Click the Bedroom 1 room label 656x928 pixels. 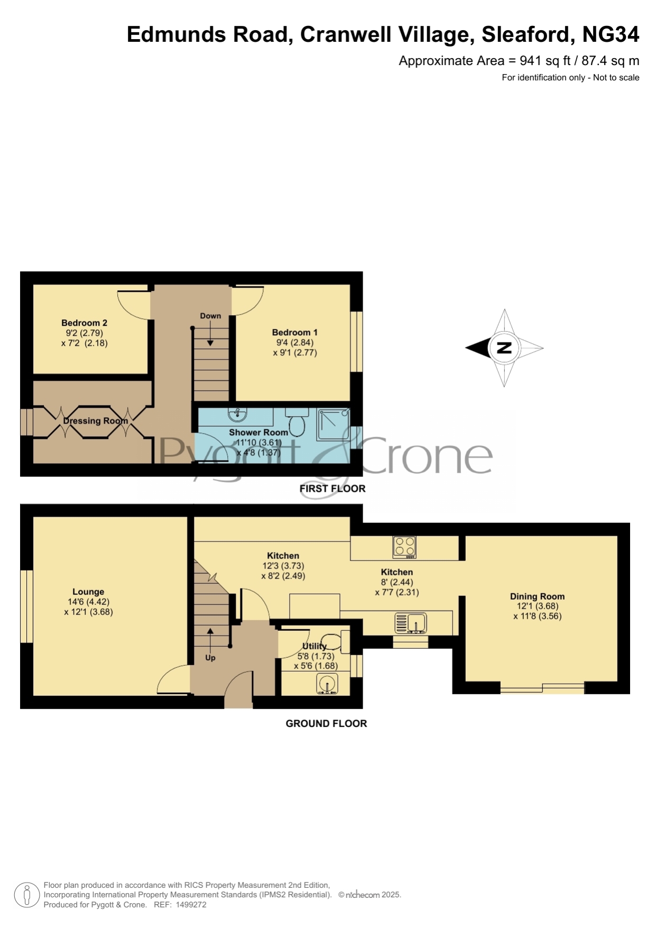click(294, 332)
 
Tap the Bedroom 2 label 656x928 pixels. click(84, 323)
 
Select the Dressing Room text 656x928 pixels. click(96, 421)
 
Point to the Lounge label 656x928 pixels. click(88, 592)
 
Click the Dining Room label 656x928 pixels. click(537, 596)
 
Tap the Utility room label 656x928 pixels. click(315, 646)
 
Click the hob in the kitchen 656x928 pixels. click(405, 547)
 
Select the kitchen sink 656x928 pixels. click(411, 623)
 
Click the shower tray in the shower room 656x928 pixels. click(333, 424)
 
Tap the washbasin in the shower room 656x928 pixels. click(238, 414)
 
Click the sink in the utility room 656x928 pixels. click(327, 684)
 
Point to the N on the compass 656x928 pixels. click(505, 348)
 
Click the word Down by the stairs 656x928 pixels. click(210, 316)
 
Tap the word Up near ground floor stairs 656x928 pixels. click(210, 658)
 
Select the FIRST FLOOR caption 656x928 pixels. click(332, 489)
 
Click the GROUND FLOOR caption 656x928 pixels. click(326, 723)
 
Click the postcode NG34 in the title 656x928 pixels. click(611, 34)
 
